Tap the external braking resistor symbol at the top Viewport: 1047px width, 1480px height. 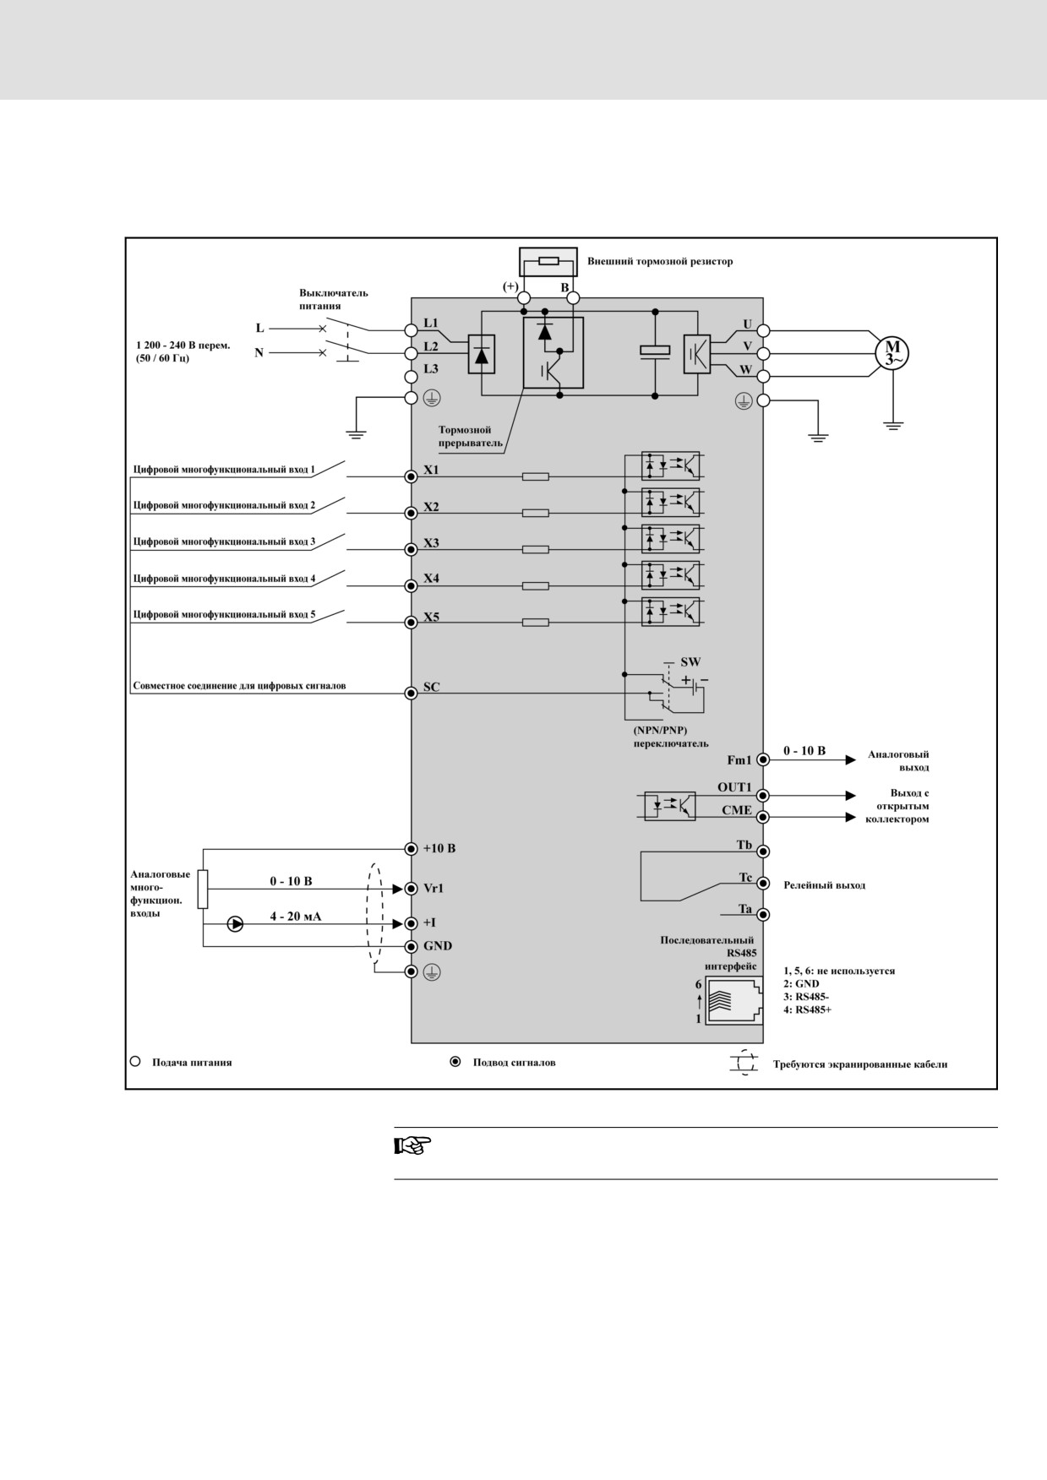click(548, 261)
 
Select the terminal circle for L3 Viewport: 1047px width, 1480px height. click(412, 376)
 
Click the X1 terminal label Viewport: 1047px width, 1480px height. click(431, 470)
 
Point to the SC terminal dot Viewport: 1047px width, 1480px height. click(412, 693)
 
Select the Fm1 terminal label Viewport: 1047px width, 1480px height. click(739, 760)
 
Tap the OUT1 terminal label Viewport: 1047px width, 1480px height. click(734, 787)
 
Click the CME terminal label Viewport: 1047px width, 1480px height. click(737, 810)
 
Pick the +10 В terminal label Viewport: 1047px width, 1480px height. click(439, 848)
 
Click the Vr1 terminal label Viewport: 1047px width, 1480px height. click(434, 889)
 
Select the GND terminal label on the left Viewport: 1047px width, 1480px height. click(438, 946)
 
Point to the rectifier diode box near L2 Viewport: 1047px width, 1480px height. click(482, 355)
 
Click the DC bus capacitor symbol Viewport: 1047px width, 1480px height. click(655, 351)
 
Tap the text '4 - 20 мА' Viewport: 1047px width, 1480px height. click(296, 916)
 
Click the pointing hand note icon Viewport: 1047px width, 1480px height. click(413, 1146)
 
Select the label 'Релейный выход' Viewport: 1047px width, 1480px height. click(824, 885)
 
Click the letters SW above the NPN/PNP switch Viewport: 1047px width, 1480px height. click(690, 662)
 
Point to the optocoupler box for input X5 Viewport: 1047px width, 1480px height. click(671, 611)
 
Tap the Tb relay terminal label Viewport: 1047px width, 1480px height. click(744, 845)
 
